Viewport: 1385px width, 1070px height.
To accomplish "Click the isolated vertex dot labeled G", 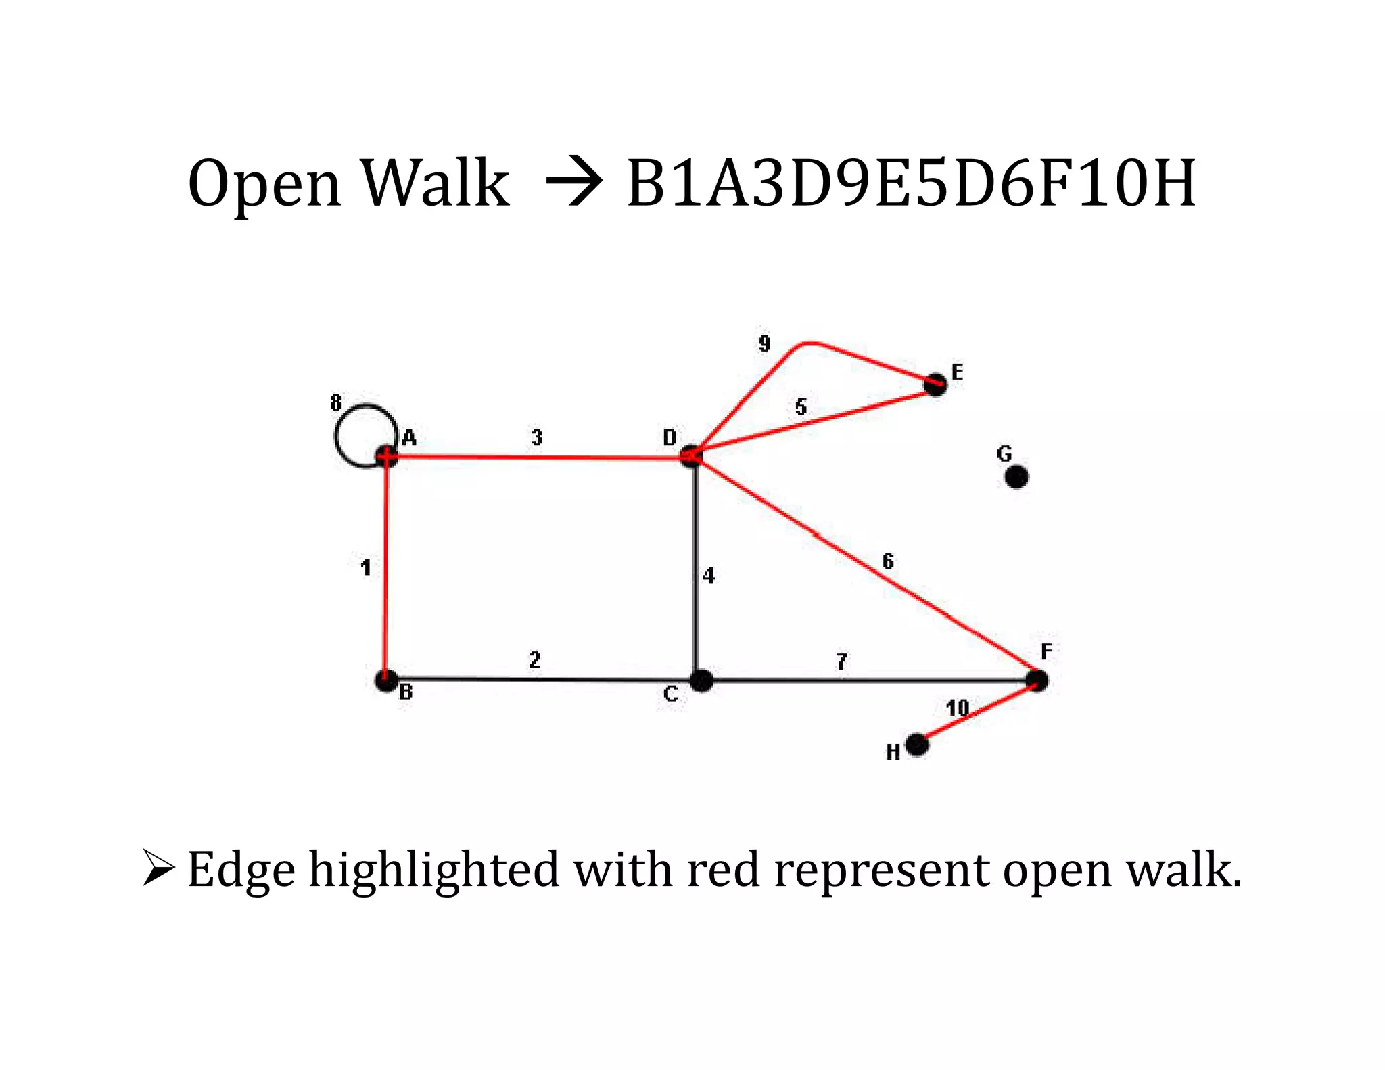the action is [x=1016, y=477].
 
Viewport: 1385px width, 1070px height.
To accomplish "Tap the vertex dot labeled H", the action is [x=916, y=745].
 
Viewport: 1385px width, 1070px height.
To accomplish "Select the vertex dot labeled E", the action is [x=936, y=385].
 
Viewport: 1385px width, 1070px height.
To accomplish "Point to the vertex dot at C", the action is [x=701, y=680].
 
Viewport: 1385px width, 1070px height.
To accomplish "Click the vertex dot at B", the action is [x=387, y=680].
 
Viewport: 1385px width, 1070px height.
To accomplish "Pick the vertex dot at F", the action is [x=1037, y=680].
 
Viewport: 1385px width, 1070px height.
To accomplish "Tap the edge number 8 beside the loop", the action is [x=335, y=403].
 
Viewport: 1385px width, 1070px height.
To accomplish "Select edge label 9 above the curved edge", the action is [x=764, y=344].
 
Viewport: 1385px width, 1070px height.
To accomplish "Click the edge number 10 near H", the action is [x=957, y=708].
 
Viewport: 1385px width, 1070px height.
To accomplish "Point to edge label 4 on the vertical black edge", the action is [x=708, y=576].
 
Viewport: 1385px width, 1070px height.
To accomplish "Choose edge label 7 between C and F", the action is [x=841, y=661].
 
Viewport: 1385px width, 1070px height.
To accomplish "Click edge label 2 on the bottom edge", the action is [x=535, y=659].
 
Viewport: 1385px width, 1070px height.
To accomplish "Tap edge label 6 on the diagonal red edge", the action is [x=888, y=561].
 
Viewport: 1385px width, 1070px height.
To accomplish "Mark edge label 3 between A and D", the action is [x=537, y=438].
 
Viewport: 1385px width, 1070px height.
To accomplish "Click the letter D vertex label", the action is [x=670, y=438].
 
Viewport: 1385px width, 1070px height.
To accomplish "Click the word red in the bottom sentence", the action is [x=723, y=870].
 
